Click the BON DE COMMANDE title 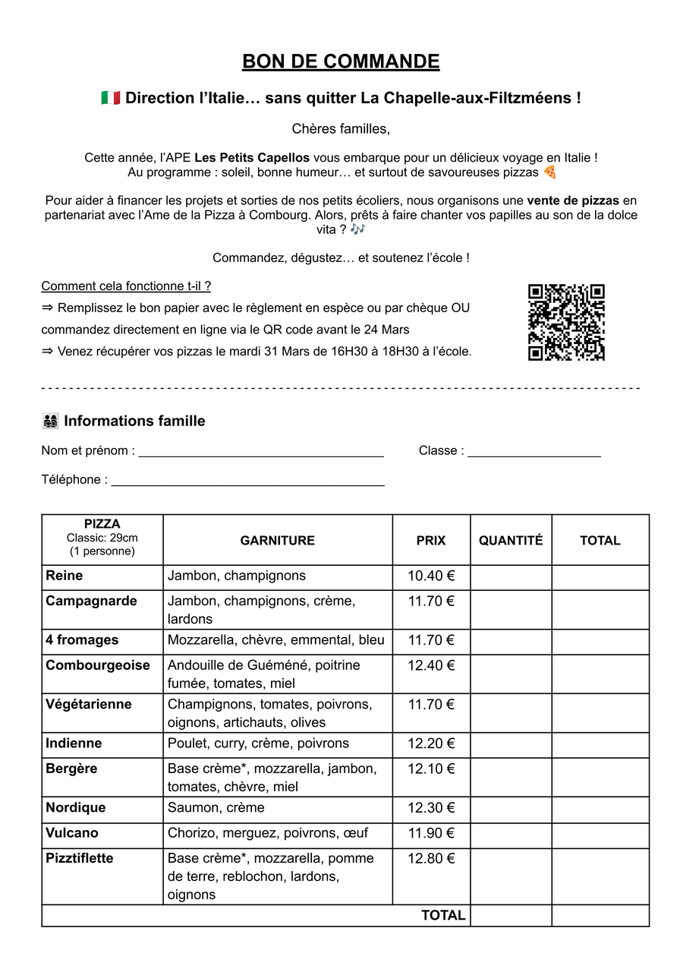click(x=341, y=62)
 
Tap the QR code click(x=566, y=322)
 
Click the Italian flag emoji click(x=111, y=98)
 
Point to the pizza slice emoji click(x=550, y=172)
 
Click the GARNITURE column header click(x=277, y=541)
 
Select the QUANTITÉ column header click(x=511, y=541)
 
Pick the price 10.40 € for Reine click(x=431, y=576)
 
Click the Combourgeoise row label click(x=98, y=665)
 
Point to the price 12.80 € click(x=431, y=859)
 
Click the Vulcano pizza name click(x=72, y=833)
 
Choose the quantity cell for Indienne click(x=511, y=744)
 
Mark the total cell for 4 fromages click(x=600, y=641)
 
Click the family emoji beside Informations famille click(x=51, y=421)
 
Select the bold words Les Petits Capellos click(x=252, y=158)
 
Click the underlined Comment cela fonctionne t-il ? click(x=126, y=286)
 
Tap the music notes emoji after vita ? click(x=358, y=229)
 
